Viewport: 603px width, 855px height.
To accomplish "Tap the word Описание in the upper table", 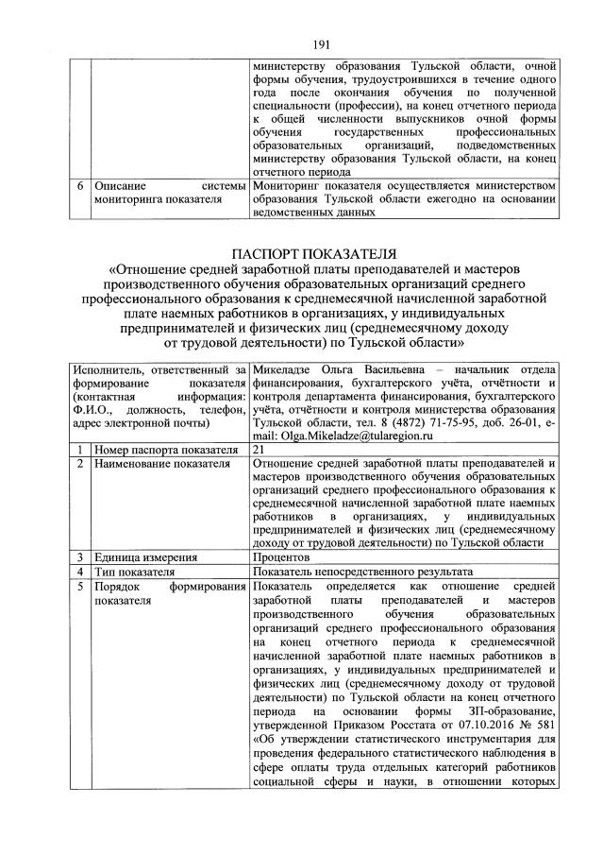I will (118, 186).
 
